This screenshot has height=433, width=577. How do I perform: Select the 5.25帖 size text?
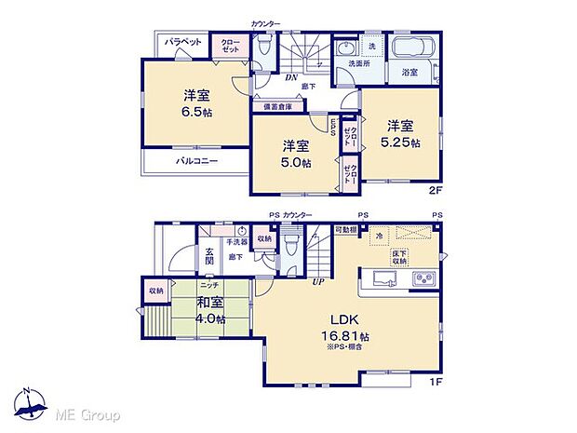[x=399, y=142]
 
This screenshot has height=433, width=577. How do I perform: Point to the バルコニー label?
[x=197, y=161]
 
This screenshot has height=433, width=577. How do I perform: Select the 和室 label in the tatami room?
[x=209, y=302]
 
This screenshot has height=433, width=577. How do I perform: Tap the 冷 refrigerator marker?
[x=380, y=237]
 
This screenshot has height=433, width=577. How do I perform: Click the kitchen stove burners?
[x=423, y=278]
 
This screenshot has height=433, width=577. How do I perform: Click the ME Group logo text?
[x=80, y=413]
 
